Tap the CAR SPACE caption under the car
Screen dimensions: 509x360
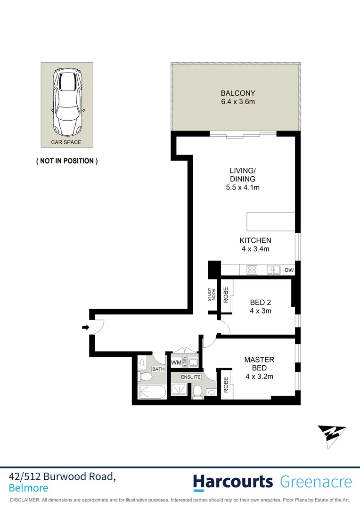point(66,142)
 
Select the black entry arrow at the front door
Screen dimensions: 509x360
point(85,327)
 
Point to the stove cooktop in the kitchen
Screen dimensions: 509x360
point(252,270)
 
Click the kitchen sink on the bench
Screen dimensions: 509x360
point(274,270)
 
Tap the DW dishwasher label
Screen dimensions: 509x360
point(289,270)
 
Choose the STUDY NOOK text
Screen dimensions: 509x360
point(211,295)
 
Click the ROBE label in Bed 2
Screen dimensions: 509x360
point(226,295)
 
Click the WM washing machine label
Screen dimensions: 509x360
point(176,362)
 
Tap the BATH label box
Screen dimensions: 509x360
point(158,369)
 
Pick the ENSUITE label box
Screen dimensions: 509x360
point(191,377)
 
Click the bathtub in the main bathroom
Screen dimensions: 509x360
point(151,391)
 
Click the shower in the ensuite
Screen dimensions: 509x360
point(180,390)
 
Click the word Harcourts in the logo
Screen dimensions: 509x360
point(233,482)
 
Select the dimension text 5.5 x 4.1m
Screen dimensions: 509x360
point(243,188)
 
